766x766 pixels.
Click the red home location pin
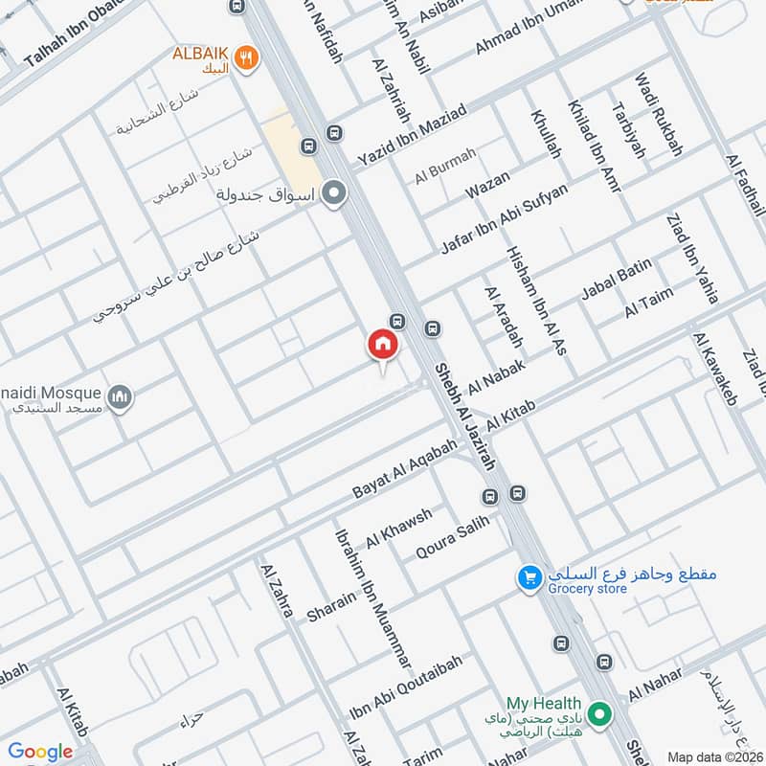(x=382, y=344)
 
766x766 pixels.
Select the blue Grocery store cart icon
(x=529, y=577)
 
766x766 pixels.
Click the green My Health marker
(x=600, y=713)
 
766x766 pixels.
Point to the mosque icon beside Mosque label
(x=119, y=396)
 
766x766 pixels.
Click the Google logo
(x=40, y=752)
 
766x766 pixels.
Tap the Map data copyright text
(x=714, y=756)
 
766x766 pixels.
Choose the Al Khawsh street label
(x=398, y=527)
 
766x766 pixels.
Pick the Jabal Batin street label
(x=617, y=279)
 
